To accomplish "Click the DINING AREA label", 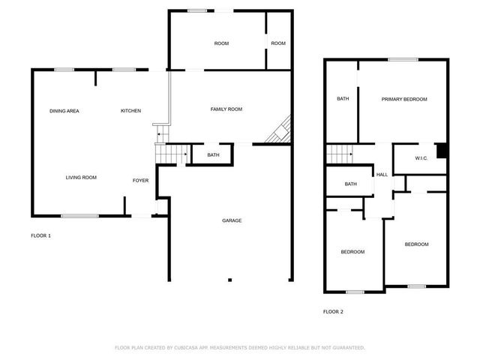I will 64,111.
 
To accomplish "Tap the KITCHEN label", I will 131,111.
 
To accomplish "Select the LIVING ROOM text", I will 81,178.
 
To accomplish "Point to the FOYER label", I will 140,181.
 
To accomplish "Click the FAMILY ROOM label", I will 226,109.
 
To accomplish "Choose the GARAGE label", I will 231,220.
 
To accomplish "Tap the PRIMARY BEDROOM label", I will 403,100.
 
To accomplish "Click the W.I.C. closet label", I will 421,158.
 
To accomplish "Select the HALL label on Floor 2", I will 382,175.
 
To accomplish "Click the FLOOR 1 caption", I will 40,236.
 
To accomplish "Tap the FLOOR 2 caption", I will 333,311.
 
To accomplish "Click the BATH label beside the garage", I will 213,155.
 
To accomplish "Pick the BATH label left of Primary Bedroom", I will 343,99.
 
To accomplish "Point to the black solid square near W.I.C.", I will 442,151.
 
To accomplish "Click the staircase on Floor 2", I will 340,154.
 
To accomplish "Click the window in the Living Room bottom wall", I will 79,216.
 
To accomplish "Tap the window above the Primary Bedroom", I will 403,59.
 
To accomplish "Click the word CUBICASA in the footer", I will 190,348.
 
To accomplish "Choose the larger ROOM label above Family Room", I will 221,43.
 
